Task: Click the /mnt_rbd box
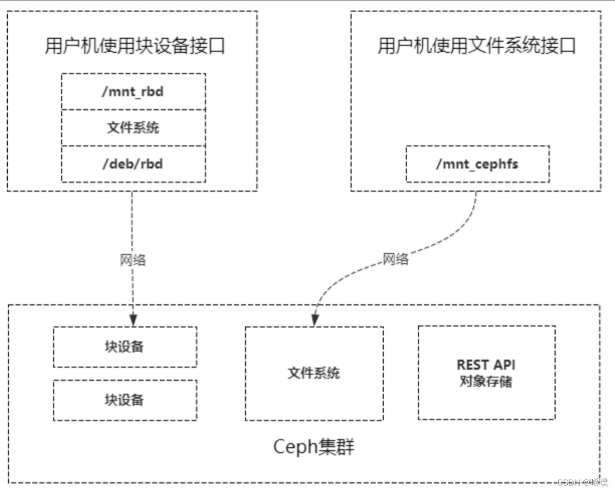click(x=133, y=91)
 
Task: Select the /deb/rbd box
click(x=133, y=164)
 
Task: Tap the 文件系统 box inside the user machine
click(x=133, y=128)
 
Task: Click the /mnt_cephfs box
click(x=477, y=164)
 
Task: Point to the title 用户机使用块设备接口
click(x=135, y=46)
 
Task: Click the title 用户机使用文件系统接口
click(x=476, y=46)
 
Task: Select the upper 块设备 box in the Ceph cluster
click(x=125, y=347)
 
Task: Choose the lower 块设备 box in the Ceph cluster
click(x=125, y=400)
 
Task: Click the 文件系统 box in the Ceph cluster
click(x=314, y=373)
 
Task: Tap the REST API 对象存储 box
click(x=486, y=373)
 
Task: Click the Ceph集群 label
click(x=314, y=447)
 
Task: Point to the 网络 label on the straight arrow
click(x=133, y=260)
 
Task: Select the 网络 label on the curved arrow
click(x=395, y=259)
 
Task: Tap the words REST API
click(x=486, y=365)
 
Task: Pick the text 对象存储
click(x=486, y=381)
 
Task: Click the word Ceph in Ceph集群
click(x=295, y=447)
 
